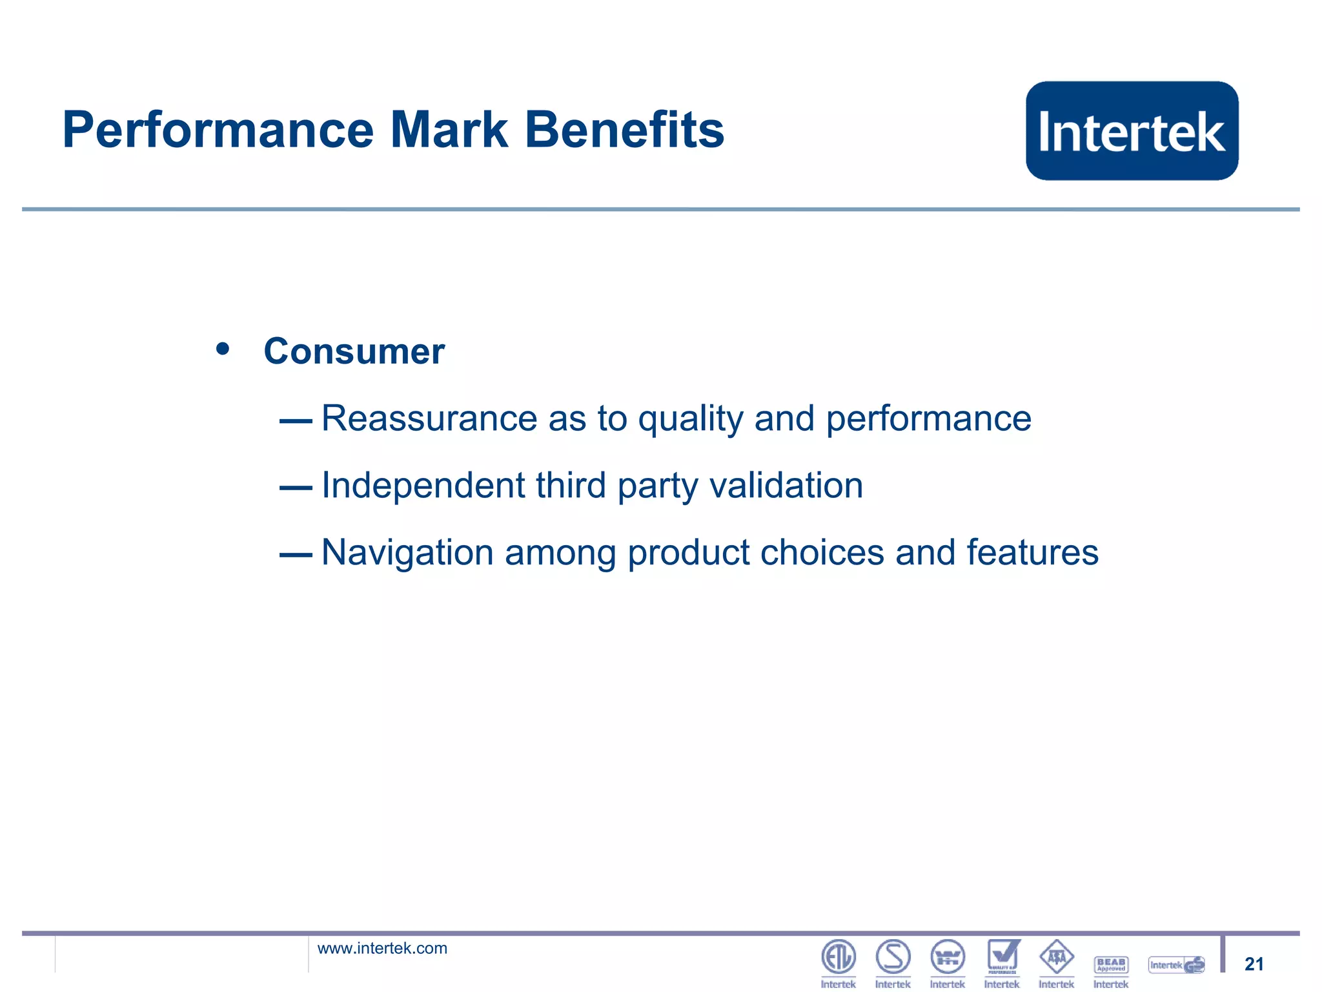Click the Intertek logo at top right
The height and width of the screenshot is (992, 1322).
pos(1132,131)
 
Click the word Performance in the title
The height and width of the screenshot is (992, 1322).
pos(218,130)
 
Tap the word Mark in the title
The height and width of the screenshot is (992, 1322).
pos(449,130)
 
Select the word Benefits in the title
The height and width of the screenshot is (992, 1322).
pos(624,130)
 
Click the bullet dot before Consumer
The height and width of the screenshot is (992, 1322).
pos(223,349)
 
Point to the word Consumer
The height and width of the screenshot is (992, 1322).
pos(354,351)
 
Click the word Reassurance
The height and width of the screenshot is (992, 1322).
pos(429,418)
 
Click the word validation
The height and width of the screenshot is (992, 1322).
pos(786,486)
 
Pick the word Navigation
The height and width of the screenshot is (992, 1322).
pos(407,553)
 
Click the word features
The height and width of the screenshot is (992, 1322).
pos(1032,553)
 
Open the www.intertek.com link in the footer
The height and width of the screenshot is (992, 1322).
pos(382,948)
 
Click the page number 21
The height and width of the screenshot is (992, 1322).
pos(1254,964)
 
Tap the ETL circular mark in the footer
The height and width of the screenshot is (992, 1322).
pos(838,957)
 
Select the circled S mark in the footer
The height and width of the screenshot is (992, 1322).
pos(893,957)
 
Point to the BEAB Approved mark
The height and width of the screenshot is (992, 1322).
pos(1111,964)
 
